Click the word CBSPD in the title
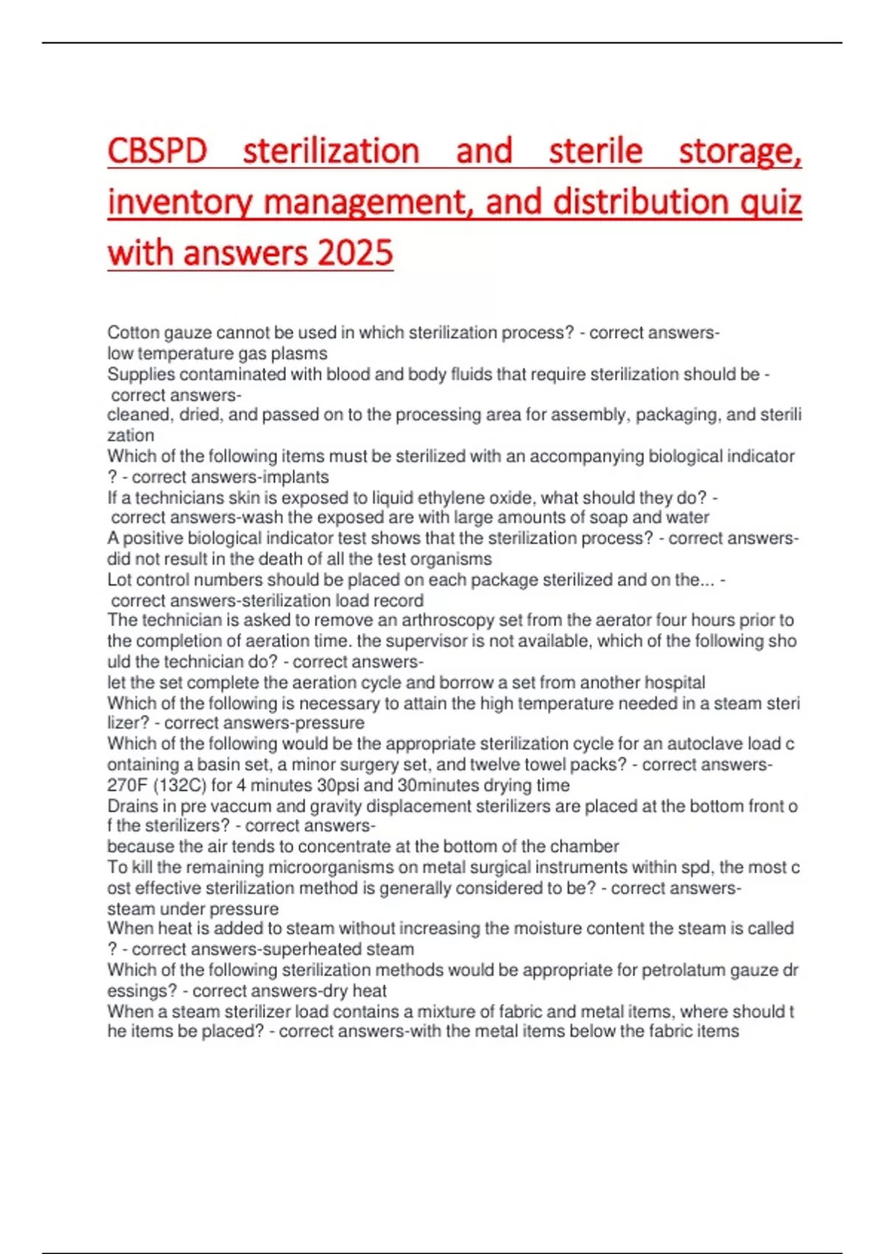[x=157, y=151]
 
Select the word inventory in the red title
[x=181, y=202]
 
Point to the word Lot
[x=119, y=580]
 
